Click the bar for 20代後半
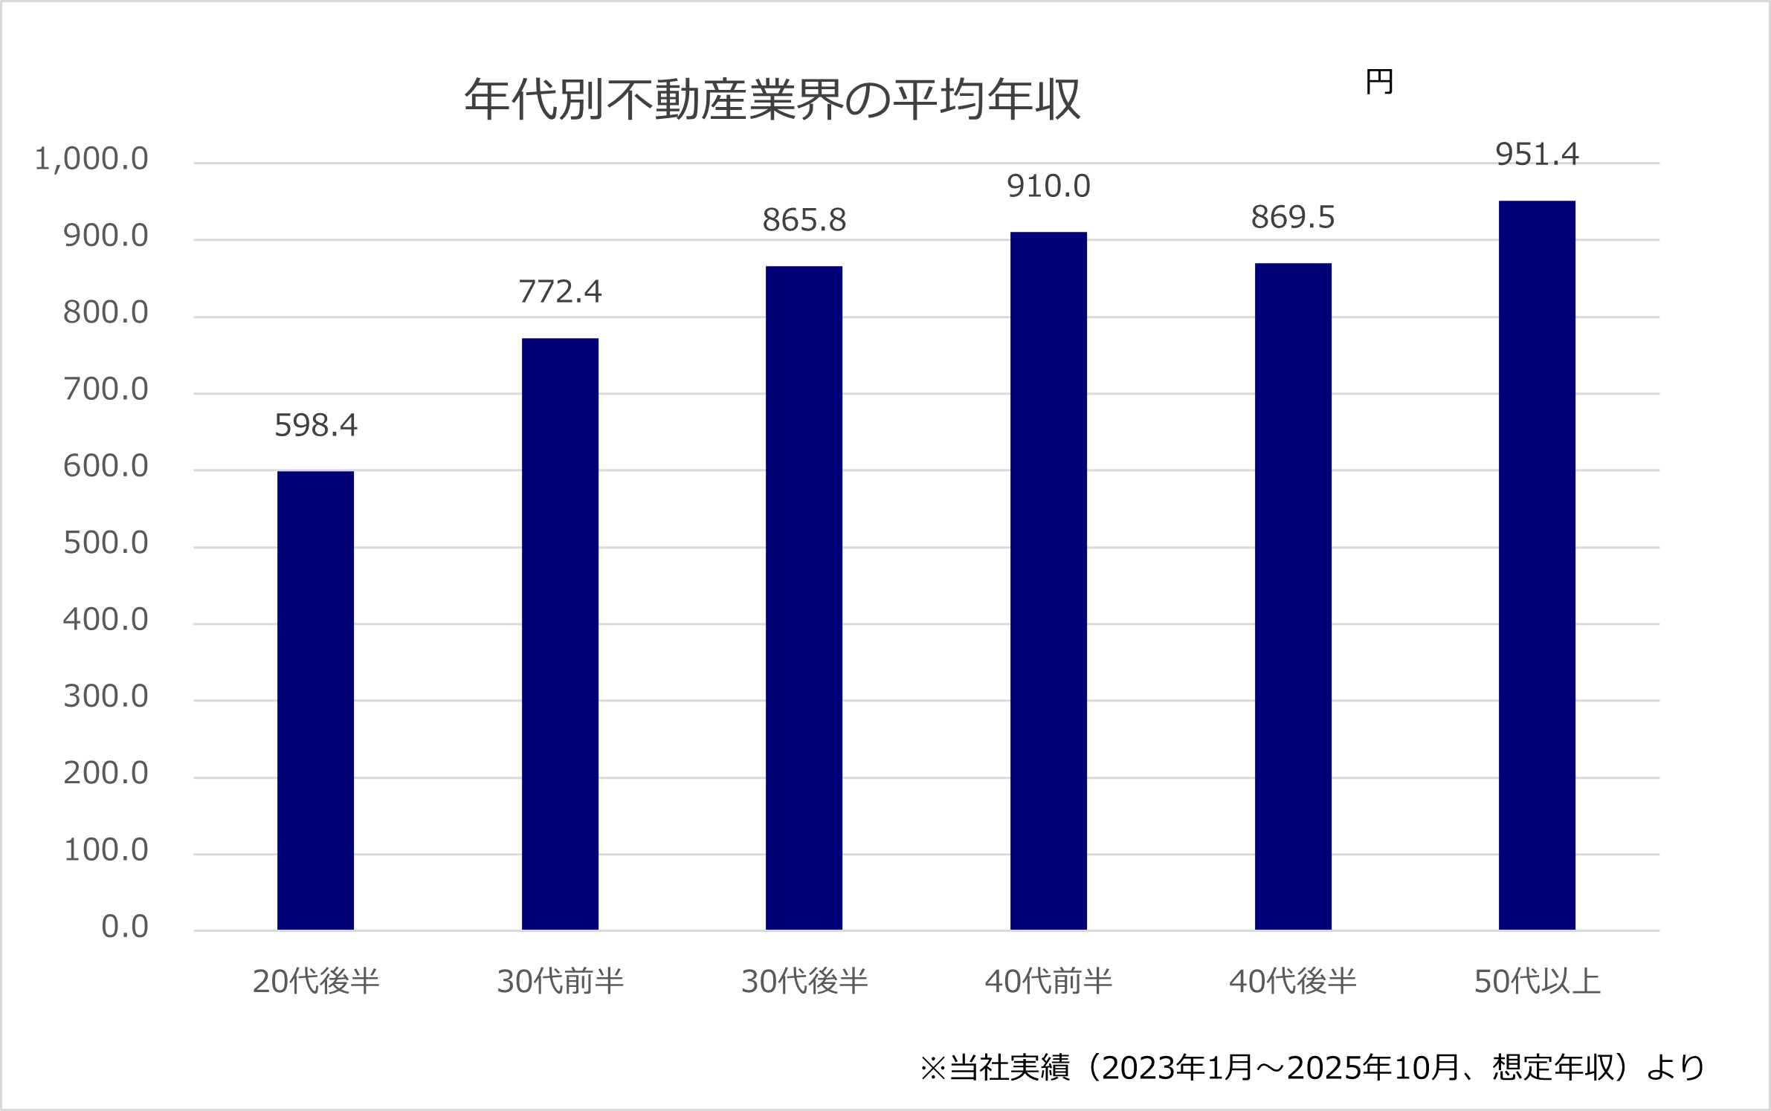[x=315, y=700]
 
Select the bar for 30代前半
[x=560, y=634]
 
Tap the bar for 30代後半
[x=804, y=597]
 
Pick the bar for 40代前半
[x=1048, y=580]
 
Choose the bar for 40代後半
[x=1293, y=596]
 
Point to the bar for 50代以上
[x=1537, y=565]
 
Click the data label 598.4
[x=316, y=425]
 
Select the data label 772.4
[x=560, y=291]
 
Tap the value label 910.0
[x=1048, y=186]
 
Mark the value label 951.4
[x=1537, y=155]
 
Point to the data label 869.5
[x=1293, y=217]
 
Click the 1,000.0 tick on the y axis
[x=91, y=159]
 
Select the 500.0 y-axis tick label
[x=106, y=543]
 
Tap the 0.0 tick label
[x=125, y=927]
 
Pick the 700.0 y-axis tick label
[x=106, y=389]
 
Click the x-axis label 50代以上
[x=1537, y=982]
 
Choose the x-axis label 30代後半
[x=804, y=982]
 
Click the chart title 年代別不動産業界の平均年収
[x=772, y=100]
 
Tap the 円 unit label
[x=1379, y=82]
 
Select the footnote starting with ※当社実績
[x=1312, y=1068]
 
